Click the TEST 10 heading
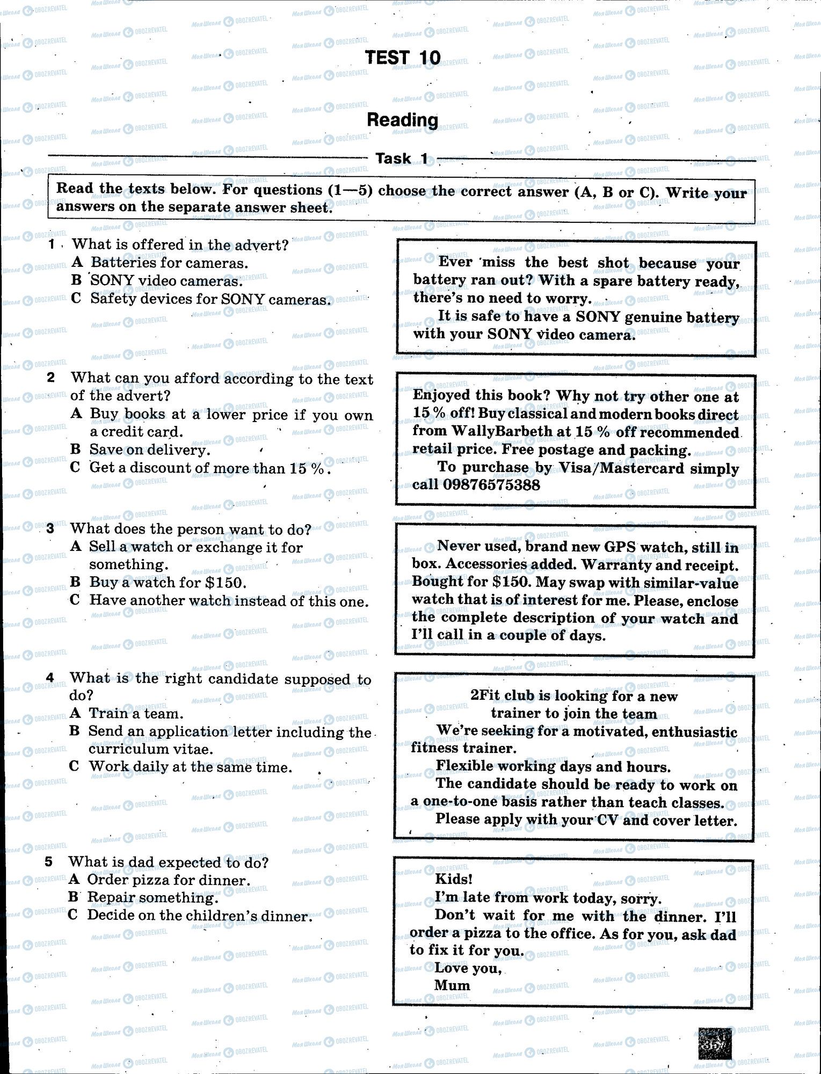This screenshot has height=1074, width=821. (x=403, y=57)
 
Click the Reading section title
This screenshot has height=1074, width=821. (x=402, y=120)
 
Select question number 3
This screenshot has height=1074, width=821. (x=50, y=528)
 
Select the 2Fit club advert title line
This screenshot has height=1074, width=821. (x=573, y=696)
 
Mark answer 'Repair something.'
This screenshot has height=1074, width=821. (x=152, y=897)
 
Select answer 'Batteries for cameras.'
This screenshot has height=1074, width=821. (x=169, y=263)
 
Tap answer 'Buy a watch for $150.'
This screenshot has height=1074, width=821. (x=168, y=582)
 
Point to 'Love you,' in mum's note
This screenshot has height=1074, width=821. (x=468, y=968)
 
